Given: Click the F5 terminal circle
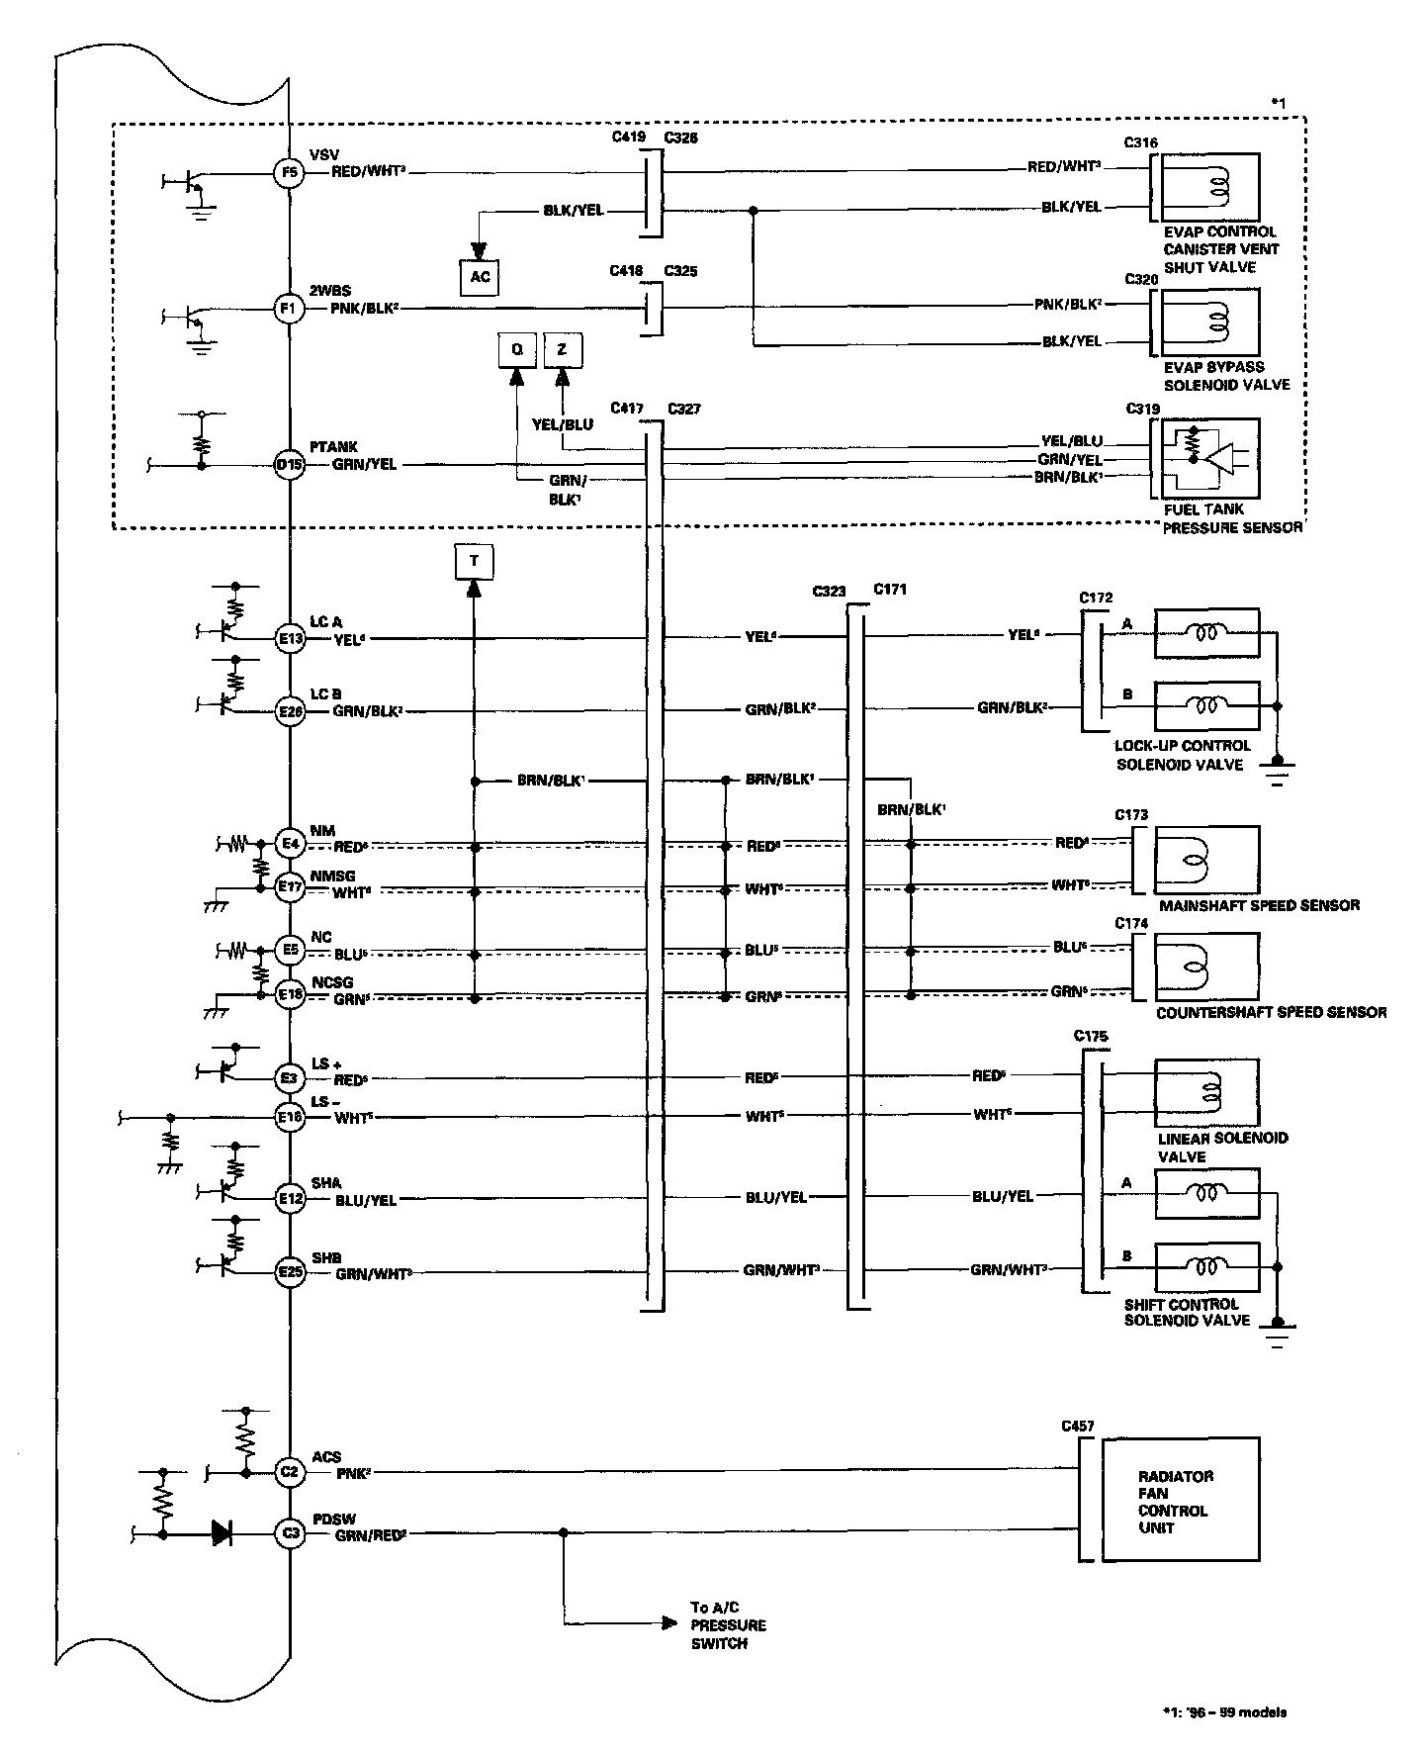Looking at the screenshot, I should click(289, 172).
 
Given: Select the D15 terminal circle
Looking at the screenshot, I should click(289, 464).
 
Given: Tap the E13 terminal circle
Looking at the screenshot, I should click(289, 639).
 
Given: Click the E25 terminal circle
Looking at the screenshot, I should click(289, 1271).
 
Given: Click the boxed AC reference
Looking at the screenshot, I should click(480, 277).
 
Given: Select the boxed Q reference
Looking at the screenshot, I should click(516, 350).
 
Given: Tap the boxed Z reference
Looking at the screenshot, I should click(563, 350).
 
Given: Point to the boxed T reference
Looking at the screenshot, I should click(474, 561).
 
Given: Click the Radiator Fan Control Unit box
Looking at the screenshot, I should click(1181, 1501).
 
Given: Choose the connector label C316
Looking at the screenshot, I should click(1141, 142).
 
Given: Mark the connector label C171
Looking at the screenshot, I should click(890, 590).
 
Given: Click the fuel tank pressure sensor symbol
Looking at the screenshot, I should click(1209, 458).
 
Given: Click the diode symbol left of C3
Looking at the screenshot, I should click(222, 1534).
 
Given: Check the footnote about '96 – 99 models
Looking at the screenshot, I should click(1224, 1712).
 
